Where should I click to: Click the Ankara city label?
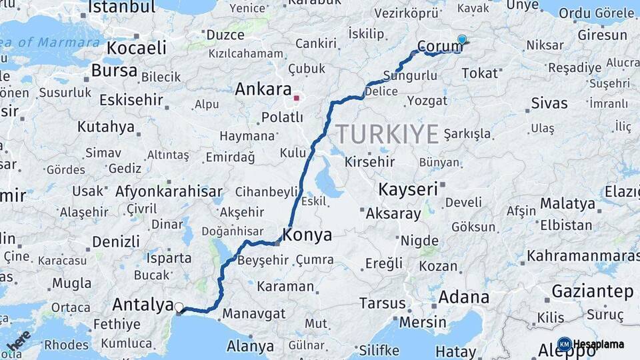click(263, 90)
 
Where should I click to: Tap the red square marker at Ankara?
click(296, 98)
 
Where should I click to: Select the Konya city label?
click(307, 235)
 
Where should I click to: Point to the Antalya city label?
click(143, 305)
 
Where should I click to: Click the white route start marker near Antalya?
click(179, 307)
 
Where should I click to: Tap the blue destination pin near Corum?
click(462, 40)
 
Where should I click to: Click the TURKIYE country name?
click(387, 134)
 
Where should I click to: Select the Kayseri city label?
click(408, 189)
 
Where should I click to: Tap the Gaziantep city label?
click(593, 291)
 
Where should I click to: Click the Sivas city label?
click(549, 103)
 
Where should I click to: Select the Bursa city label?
click(114, 71)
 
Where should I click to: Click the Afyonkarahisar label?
click(169, 192)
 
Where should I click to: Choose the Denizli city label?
click(116, 241)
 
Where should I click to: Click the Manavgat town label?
click(254, 313)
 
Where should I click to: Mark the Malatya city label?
click(567, 203)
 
